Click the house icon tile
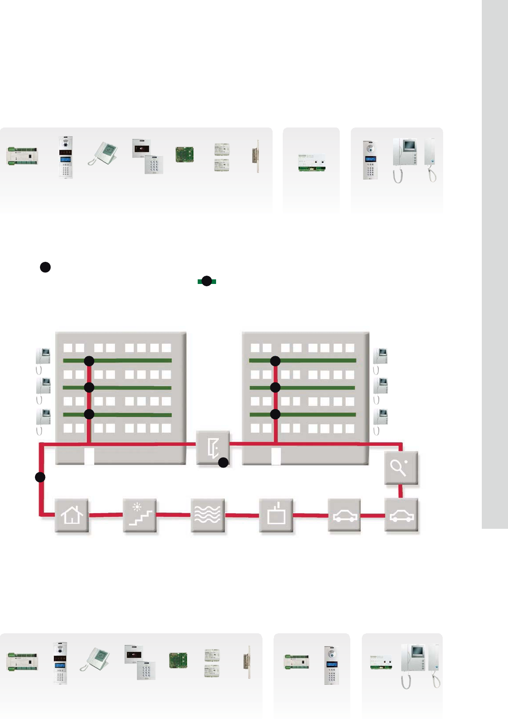[72, 515]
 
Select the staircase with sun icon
[140, 515]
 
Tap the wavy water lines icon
[208, 515]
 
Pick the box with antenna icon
[276, 515]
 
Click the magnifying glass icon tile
[401, 468]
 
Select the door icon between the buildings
[213, 447]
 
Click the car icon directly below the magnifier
[401, 515]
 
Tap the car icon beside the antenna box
[344, 515]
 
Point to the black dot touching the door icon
[223, 463]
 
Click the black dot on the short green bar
[207, 281]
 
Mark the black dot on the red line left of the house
[40, 477]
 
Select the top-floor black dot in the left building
[89, 361]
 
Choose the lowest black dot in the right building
[275, 414]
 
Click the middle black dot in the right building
[275, 388]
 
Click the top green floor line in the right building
[317, 360]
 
